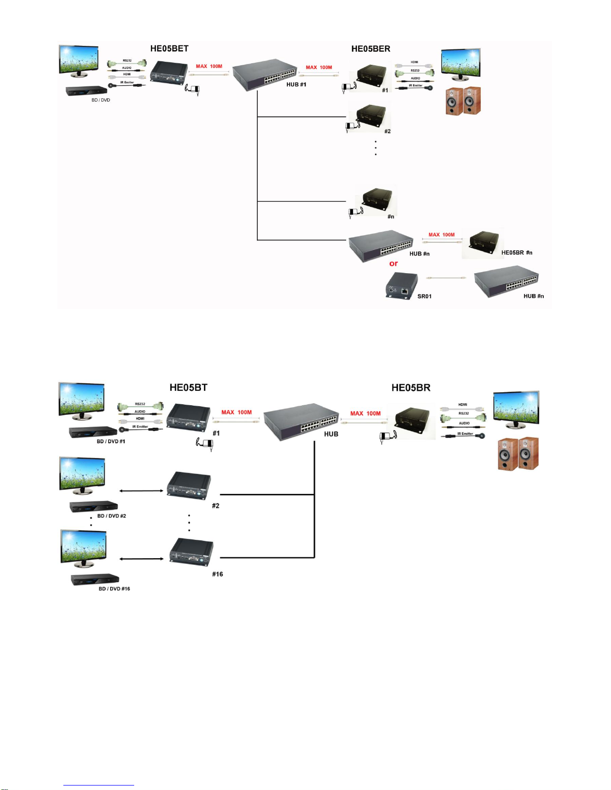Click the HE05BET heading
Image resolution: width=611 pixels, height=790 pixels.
click(169, 48)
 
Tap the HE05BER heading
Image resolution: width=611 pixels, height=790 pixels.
click(371, 48)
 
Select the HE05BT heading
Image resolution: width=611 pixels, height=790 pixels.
click(188, 387)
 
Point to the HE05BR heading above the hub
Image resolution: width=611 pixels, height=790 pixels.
click(410, 387)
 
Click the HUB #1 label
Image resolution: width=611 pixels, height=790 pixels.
click(296, 84)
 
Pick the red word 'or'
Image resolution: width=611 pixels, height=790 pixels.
click(394, 264)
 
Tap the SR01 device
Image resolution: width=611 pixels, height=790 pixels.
click(402, 286)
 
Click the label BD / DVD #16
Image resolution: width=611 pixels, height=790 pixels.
click(114, 589)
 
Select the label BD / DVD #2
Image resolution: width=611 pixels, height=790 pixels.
click(112, 516)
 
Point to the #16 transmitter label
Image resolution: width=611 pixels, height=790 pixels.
click(217, 574)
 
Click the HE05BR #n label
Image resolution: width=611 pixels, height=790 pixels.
click(517, 253)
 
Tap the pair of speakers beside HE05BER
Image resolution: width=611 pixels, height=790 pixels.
click(463, 101)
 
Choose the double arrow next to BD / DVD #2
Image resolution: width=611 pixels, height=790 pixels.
click(142, 491)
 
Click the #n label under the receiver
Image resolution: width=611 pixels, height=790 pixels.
click(391, 216)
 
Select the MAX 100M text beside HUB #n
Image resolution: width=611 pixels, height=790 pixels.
click(441, 235)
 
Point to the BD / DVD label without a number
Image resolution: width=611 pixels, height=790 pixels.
click(101, 100)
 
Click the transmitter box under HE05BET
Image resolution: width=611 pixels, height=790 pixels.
click(167, 73)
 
